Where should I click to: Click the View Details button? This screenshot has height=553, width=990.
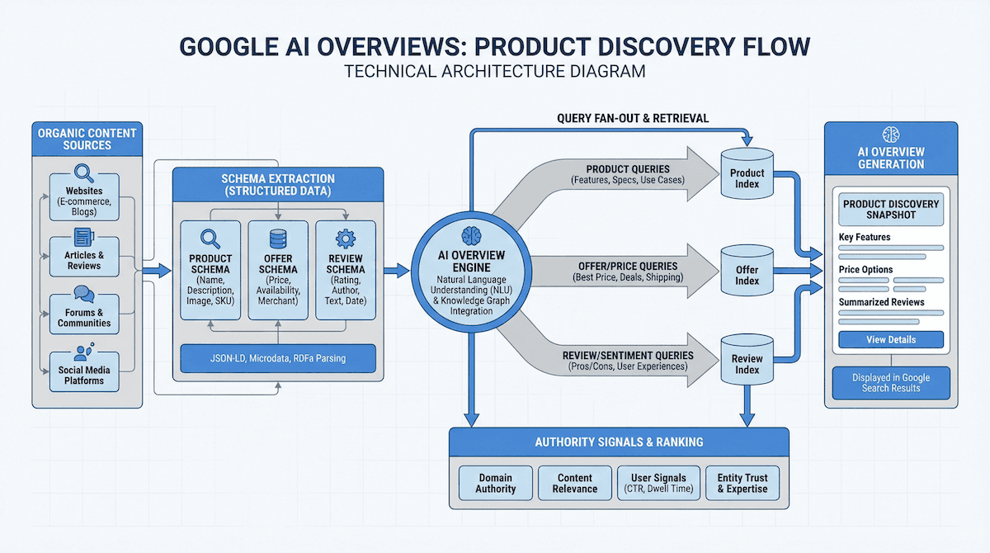(x=891, y=340)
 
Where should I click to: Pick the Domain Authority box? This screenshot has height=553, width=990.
(x=495, y=483)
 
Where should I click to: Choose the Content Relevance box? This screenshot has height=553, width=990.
(x=575, y=483)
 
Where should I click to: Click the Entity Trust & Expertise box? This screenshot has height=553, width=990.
(x=742, y=483)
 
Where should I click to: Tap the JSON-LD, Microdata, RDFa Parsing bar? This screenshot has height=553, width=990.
(x=278, y=359)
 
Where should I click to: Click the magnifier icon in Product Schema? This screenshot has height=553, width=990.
(x=210, y=239)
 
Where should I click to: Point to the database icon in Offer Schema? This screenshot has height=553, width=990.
(x=278, y=239)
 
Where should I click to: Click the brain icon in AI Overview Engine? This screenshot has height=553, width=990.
(x=471, y=234)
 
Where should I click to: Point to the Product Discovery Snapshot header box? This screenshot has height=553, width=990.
(x=891, y=210)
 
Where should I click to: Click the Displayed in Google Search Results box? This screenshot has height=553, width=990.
(x=891, y=383)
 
